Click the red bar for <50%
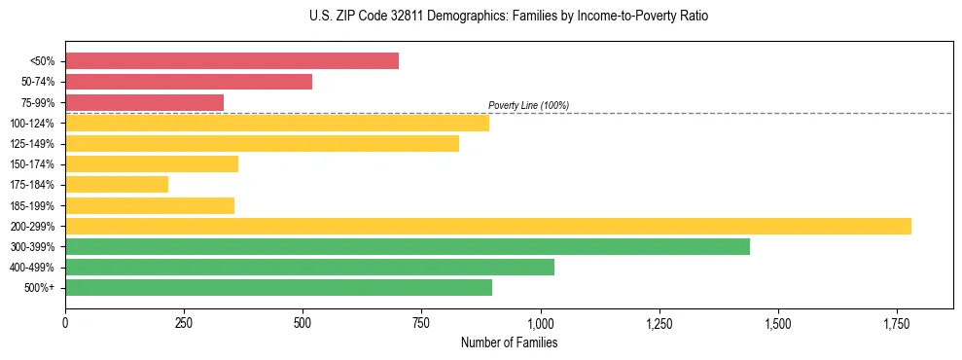pyautogui.click(x=232, y=61)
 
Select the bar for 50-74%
pyautogui.click(x=189, y=82)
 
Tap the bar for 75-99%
pyautogui.click(x=144, y=102)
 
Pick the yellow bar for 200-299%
pyautogui.click(x=487, y=226)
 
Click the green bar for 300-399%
pyautogui.click(x=407, y=246)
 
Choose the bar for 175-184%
pyautogui.click(x=117, y=185)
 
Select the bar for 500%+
pyautogui.click(x=278, y=287)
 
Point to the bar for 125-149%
pyautogui.click(x=262, y=144)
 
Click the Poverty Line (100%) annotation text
pyautogui.click(x=528, y=105)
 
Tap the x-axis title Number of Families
pyautogui.click(x=509, y=342)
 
